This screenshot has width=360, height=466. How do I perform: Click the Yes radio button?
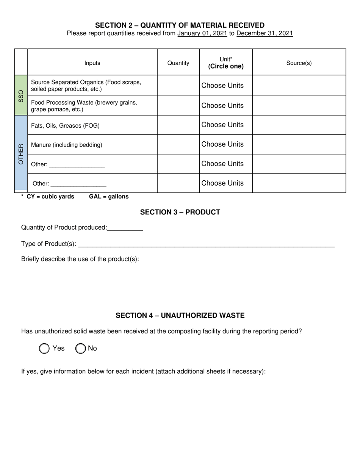(x=44, y=349)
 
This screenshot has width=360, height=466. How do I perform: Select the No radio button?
(x=80, y=349)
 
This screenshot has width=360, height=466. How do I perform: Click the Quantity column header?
(x=178, y=63)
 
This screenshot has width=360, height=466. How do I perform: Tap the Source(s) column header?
(x=299, y=63)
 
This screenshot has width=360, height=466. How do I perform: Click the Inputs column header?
(x=92, y=63)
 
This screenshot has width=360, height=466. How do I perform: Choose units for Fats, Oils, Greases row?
(x=222, y=125)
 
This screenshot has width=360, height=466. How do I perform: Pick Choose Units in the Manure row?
(x=222, y=144)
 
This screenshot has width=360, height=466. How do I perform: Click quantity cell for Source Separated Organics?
(x=178, y=85)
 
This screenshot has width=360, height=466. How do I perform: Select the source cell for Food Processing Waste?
(x=299, y=105)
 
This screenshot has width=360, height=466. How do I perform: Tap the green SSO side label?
(x=21, y=95)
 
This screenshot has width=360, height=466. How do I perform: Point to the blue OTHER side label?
(x=21, y=153)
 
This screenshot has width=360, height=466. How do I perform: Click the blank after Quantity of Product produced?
(x=125, y=228)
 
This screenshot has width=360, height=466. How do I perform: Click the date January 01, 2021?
(x=202, y=33)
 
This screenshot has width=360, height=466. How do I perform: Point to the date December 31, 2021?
(x=265, y=33)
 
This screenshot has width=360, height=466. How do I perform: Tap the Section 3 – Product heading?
(x=180, y=212)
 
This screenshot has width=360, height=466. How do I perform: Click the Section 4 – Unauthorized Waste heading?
(x=180, y=316)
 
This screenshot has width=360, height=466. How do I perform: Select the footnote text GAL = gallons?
(x=109, y=197)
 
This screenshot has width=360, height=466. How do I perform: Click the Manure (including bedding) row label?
(x=66, y=145)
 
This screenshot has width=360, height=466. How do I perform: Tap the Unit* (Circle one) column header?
(x=226, y=63)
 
